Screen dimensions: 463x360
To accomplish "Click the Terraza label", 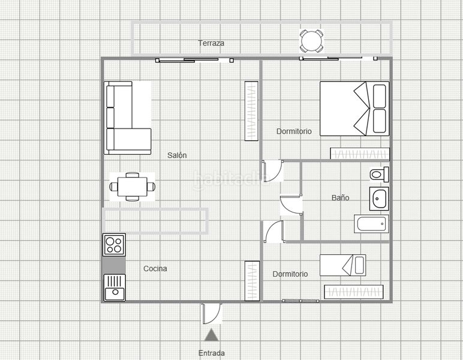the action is click(x=211, y=43).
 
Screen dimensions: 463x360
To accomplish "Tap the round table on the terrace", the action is click(x=311, y=41).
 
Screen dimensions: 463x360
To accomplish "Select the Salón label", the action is click(x=177, y=155).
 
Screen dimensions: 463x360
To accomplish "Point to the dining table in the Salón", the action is click(x=133, y=187).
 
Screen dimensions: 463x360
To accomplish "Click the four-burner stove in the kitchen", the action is click(x=115, y=245).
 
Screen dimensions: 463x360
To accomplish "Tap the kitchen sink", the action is click(x=115, y=287).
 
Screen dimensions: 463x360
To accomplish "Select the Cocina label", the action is click(x=155, y=268).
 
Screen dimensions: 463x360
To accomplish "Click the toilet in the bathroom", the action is click(x=380, y=174).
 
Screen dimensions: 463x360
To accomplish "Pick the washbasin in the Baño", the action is click(x=379, y=199).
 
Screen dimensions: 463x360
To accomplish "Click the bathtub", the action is click(x=371, y=224).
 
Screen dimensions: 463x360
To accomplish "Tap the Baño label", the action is click(x=340, y=197).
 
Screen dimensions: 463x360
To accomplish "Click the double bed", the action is click(x=354, y=109).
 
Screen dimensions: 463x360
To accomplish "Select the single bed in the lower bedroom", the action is click(x=343, y=265).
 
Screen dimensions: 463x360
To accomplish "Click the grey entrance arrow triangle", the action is click(x=211, y=335).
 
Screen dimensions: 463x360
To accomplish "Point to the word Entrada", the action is click(x=212, y=353).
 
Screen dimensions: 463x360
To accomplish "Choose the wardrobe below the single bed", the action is click(x=354, y=292).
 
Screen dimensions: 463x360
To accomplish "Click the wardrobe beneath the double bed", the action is click(x=360, y=154).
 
